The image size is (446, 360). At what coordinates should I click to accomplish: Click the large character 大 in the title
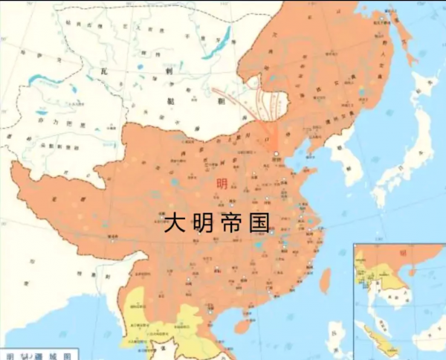click(173, 222)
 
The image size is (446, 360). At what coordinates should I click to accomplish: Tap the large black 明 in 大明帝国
click(204, 222)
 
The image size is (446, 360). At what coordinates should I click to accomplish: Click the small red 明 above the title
click(222, 184)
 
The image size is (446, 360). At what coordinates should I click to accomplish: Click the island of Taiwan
click(325, 280)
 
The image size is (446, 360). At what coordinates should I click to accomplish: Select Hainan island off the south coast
click(242, 327)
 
